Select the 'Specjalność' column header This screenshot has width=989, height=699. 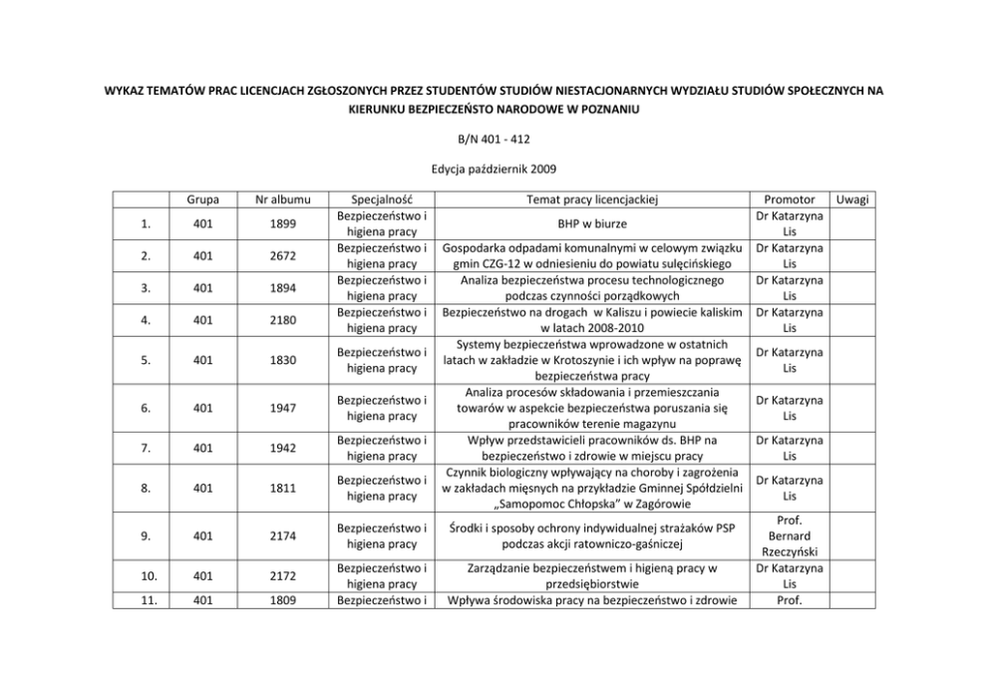coord(382,199)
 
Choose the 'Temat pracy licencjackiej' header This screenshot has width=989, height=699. coord(591,199)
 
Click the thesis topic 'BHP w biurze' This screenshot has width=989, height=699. coord(591,224)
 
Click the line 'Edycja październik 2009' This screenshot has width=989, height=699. coord(494,171)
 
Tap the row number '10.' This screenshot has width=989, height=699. coord(145,575)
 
